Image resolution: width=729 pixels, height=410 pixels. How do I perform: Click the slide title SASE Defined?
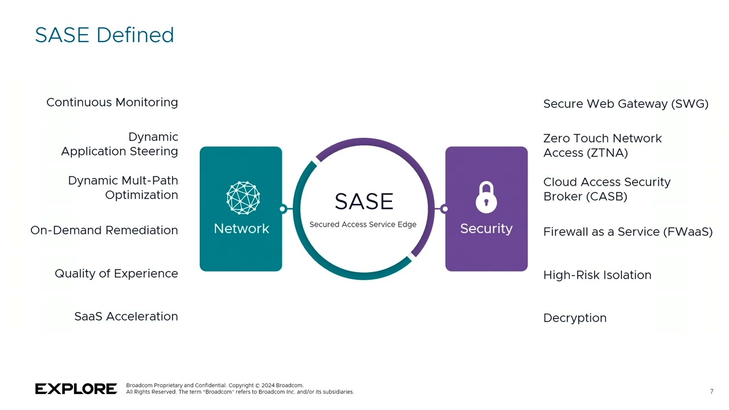pos(104,35)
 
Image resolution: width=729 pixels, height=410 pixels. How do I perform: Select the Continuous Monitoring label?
pos(112,102)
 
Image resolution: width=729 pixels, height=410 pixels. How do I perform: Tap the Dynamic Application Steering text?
pos(120,144)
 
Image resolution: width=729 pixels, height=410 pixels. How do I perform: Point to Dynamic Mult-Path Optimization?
pos(123,187)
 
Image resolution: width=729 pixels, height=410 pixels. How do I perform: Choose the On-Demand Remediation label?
pos(104,230)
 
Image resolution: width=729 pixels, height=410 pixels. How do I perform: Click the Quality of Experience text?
pos(116,273)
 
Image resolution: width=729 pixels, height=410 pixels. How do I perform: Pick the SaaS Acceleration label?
pos(126,317)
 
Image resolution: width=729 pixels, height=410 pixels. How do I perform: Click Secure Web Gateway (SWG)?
pos(625,104)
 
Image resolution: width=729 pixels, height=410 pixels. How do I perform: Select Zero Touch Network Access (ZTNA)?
pos(602,145)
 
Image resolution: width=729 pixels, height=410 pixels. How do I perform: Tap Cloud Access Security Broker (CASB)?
pos(607,189)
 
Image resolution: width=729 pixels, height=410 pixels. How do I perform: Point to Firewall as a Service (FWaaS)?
pos(628,232)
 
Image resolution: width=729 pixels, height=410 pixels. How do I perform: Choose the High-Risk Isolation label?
pos(597,275)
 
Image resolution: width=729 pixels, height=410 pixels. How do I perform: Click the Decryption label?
pos(575,318)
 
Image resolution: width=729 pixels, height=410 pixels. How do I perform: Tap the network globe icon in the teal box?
pos(243,198)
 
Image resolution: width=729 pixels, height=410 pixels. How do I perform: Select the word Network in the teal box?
pos(241,229)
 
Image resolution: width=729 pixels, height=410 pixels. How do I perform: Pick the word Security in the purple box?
pos(486,229)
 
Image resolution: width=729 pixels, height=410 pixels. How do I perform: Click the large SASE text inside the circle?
pos(364,202)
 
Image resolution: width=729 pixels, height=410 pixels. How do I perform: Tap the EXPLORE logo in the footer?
pos(76,389)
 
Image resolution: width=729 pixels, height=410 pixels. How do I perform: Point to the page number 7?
pos(711,392)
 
